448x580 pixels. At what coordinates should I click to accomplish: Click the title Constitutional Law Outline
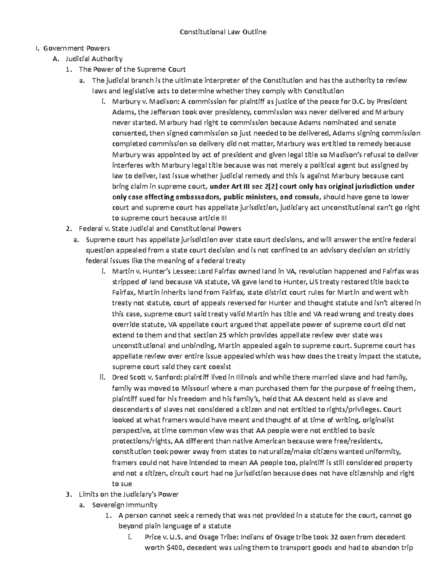point(223,32)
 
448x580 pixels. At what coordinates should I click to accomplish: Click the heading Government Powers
point(76,48)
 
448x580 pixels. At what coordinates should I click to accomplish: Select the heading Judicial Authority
point(94,59)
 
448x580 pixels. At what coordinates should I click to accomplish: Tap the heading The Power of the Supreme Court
point(132,69)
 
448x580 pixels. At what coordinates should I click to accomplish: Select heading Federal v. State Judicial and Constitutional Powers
point(160,229)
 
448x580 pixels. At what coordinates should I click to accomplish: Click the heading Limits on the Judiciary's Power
point(129,494)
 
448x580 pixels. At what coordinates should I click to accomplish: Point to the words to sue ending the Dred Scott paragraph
point(122,484)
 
